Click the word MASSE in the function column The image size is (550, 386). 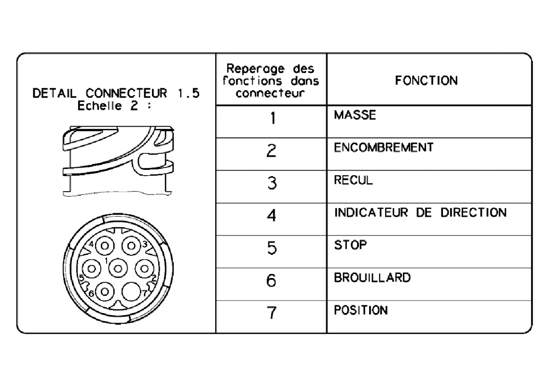[355, 115]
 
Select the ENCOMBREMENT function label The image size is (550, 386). [384, 147]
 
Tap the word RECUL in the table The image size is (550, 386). [353, 180]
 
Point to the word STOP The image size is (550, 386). [350, 245]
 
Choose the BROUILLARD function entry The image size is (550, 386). [372, 277]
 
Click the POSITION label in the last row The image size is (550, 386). [361, 310]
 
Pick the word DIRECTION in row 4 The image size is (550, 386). [474, 213]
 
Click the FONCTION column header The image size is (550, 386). [426, 81]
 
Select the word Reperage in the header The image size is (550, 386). [255, 69]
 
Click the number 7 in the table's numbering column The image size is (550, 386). [272, 313]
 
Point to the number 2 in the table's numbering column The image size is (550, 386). [272, 151]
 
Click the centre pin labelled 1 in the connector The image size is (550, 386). [118, 269]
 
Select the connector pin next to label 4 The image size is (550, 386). [105, 246]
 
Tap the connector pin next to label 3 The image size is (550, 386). [131, 246]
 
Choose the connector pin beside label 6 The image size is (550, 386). [105, 291]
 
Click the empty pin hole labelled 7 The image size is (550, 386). [131, 291]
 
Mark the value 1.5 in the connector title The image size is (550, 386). [188, 94]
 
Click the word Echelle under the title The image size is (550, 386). [99, 106]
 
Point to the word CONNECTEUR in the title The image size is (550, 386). [126, 94]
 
